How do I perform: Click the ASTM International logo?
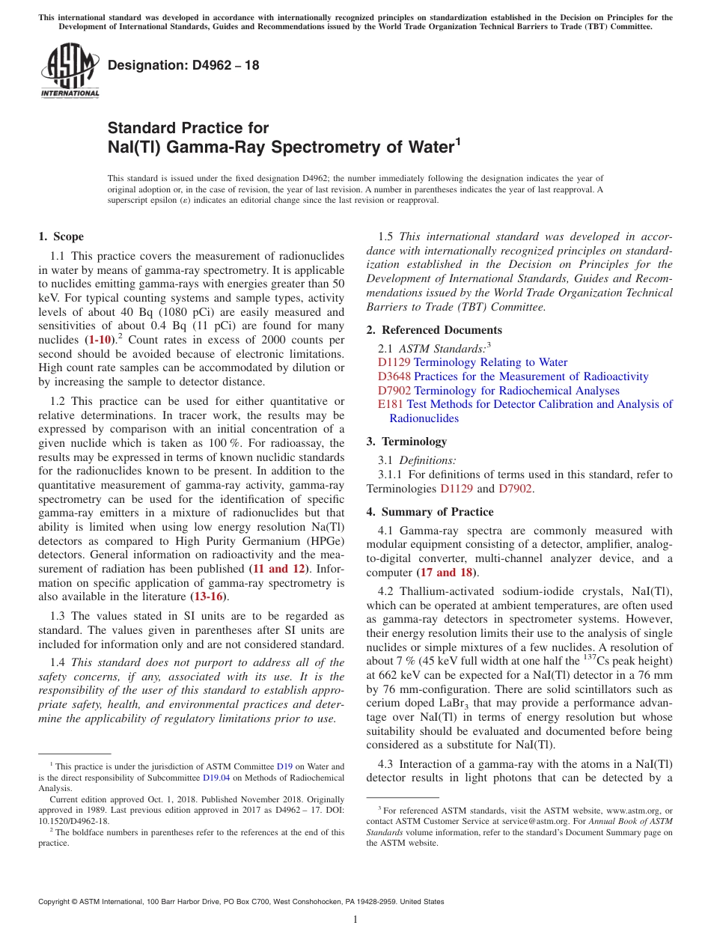70,71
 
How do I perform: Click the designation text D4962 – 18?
184,65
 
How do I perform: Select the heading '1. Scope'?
61,237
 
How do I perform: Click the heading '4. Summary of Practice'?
430,512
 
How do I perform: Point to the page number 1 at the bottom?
355,919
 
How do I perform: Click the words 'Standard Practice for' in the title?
188,128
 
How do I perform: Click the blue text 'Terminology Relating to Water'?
490,362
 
